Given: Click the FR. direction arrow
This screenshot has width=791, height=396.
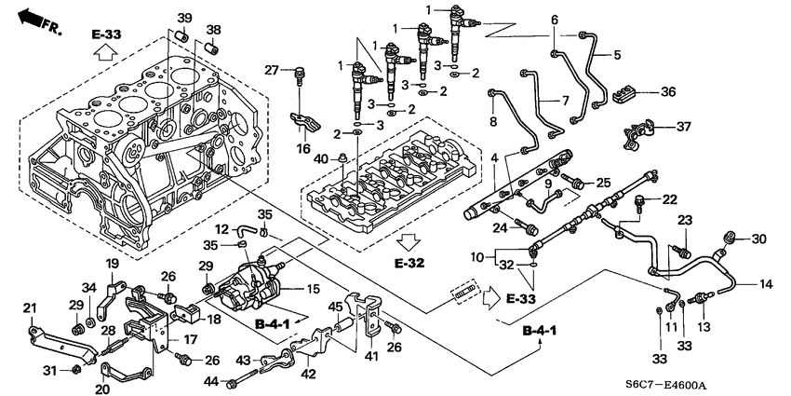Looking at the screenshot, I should coord(37,18).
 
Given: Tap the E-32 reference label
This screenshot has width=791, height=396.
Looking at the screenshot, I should coord(409,263).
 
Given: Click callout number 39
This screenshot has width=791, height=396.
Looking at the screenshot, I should coord(184,20).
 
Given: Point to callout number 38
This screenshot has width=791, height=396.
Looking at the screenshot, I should coord(213,29).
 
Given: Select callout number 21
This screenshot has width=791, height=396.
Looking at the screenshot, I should coord(29,308).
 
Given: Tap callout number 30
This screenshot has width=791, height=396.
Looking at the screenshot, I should coord(759,239).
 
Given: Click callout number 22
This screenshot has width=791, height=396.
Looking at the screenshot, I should coord(670,199).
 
